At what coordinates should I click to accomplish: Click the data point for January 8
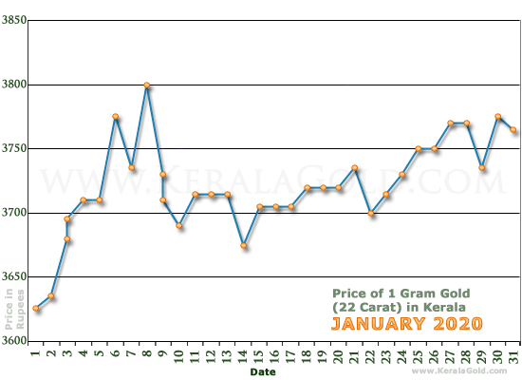pyautogui.click(x=147, y=85)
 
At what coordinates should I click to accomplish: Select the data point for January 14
pyautogui.click(x=243, y=246)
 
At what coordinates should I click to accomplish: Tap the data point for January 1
pyautogui.click(x=36, y=309)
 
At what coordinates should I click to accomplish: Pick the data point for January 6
pyautogui.click(x=115, y=117)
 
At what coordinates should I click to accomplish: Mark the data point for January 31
pyautogui.click(x=514, y=130)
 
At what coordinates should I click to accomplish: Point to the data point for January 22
pyautogui.click(x=371, y=214)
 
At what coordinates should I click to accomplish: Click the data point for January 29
pyautogui.click(x=483, y=167)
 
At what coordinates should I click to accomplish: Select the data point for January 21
pyautogui.click(x=355, y=168)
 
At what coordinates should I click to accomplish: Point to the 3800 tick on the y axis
pyautogui.click(x=13, y=85)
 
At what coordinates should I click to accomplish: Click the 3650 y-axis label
pyautogui.click(x=13, y=276)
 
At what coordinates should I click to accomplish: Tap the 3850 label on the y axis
pyautogui.click(x=13, y=21)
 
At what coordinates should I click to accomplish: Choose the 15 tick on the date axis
pyautogui.click(x=259, y=355)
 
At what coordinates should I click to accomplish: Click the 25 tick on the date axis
pyautogui.click(x=419, y=355)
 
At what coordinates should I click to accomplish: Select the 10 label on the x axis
pyautogui.click(x=179, y=355)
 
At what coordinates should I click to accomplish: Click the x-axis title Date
pyautogui.click(x=263, y=372)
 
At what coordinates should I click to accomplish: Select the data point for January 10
pyautogui.click(x=179, y=226)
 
